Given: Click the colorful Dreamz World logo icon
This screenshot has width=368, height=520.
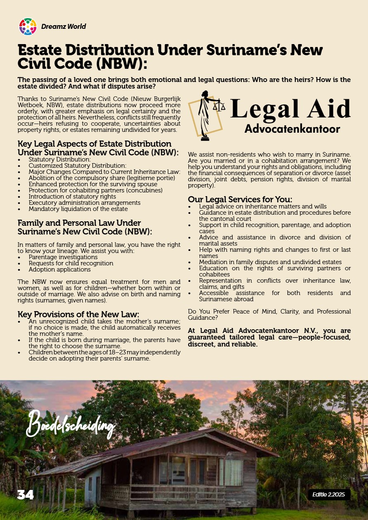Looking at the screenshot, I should [28, 26].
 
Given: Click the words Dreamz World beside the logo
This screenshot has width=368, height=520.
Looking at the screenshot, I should [64, 26].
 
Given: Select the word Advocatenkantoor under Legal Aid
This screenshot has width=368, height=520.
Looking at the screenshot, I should [292, 129].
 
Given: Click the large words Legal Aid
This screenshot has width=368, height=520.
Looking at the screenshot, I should [290, 109].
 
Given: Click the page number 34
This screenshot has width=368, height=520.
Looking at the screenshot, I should [25, 495].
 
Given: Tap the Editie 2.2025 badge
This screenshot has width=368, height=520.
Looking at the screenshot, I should [329, 494].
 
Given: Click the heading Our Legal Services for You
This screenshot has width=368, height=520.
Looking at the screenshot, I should [240, 199].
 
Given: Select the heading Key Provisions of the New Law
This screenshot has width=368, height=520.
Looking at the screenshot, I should [78, 314].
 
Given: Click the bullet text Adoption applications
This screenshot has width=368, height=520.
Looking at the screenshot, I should [59, 269].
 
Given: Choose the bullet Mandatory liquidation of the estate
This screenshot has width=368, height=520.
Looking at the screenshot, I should [78, 209].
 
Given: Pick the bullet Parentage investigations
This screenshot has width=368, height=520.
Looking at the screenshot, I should [63, 257].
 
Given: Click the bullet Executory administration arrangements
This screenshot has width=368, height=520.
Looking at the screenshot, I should [84, 203].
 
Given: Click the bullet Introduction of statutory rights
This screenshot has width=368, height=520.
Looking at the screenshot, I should [72, 197].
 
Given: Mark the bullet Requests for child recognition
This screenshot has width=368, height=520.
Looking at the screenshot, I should [71, 263].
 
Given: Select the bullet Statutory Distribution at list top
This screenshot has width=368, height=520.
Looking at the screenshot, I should [59, 159].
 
